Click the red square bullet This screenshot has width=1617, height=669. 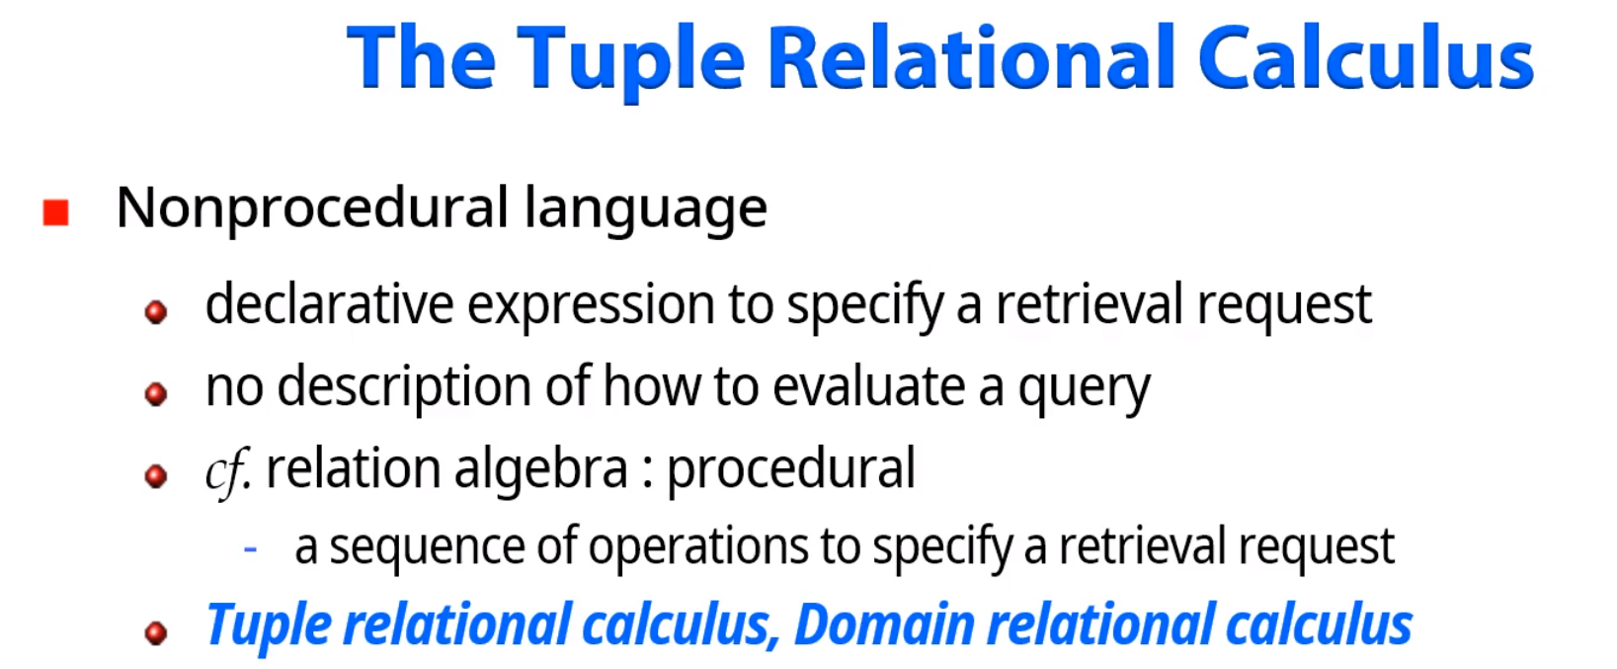[56, 212]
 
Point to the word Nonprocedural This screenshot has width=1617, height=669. [312, 209]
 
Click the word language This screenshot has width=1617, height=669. [645, 210]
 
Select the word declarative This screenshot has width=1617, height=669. [329, 304]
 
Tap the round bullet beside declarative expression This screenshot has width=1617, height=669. [156, 312]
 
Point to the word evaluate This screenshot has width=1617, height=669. [868, 386]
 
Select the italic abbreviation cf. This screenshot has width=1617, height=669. [227, 470]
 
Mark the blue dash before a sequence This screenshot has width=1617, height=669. [251, 547]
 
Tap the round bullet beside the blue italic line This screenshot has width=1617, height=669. [156, 631]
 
